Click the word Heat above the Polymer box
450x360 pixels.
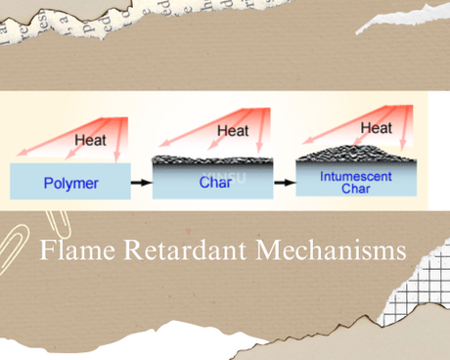click(89, 140)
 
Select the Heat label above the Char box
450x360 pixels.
click(233, 130)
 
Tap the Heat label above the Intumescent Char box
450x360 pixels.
click(377, 128)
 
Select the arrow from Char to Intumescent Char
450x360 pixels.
click(285, 183)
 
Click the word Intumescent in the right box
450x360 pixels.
click(355, 177)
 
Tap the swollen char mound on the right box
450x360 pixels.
click(357, 156)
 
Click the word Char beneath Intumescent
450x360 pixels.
click(355, 190)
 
